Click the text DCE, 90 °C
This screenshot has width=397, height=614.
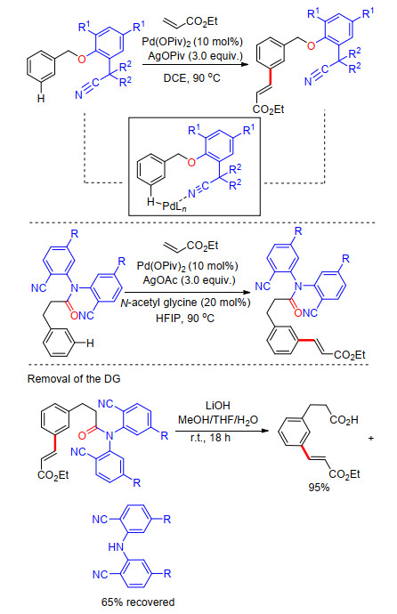point(192,78)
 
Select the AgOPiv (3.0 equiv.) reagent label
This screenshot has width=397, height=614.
point(195,56)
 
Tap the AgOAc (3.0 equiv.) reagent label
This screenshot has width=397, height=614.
point(189,280)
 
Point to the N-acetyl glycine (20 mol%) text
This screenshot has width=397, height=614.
point(185,303)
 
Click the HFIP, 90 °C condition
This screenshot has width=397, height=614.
point(185,319)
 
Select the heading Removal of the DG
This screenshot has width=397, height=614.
point(74,379)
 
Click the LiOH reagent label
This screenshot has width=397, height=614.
point(218,405)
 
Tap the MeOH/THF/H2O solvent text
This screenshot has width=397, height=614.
point(218,420)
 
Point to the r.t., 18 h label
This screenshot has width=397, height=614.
point(210,438)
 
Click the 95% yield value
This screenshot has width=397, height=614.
point(319,487)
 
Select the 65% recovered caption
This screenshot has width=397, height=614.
point(138,602)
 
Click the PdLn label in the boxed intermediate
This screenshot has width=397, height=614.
point(174,206)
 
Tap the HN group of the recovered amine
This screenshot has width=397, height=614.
point(116,546)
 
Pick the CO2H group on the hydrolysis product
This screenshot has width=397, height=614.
point(344,420)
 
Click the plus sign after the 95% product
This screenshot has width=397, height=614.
point(371,438)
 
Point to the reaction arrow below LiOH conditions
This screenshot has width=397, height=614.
point(222,431)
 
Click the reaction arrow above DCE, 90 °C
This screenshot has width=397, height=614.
point(195,64)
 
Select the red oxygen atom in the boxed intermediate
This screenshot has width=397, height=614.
point(191,162)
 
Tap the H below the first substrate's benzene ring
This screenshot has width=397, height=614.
point(41,99)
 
